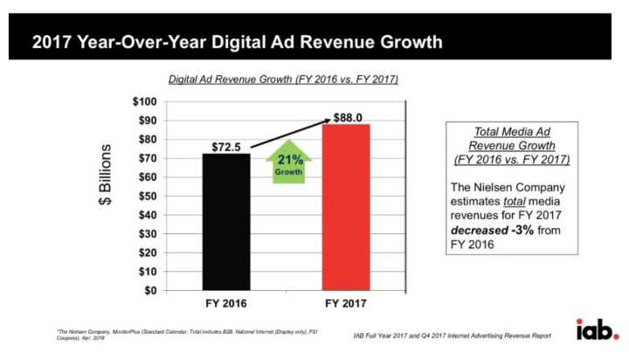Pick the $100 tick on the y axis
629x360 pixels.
coord(144,101)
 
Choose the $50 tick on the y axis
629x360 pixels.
coord(146,196)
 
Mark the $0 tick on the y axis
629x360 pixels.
coord(149,290)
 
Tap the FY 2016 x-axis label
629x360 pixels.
coord(225,306)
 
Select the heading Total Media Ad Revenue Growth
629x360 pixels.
coord(511,145)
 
